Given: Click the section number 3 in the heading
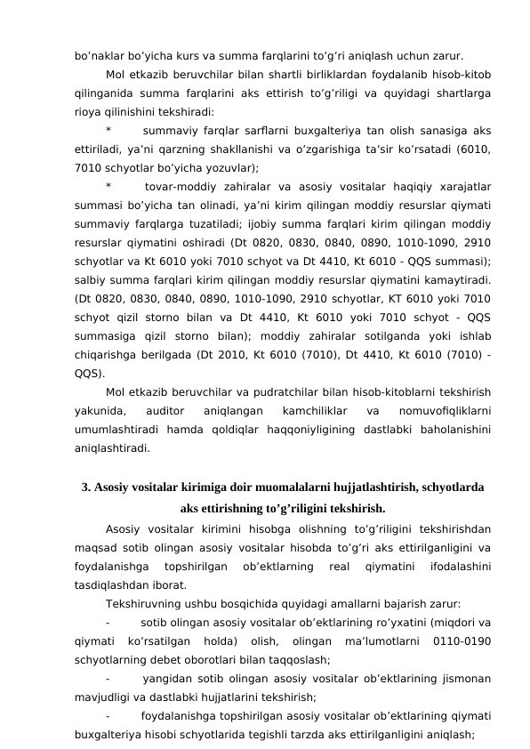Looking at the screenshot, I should [x=85, y=487].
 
